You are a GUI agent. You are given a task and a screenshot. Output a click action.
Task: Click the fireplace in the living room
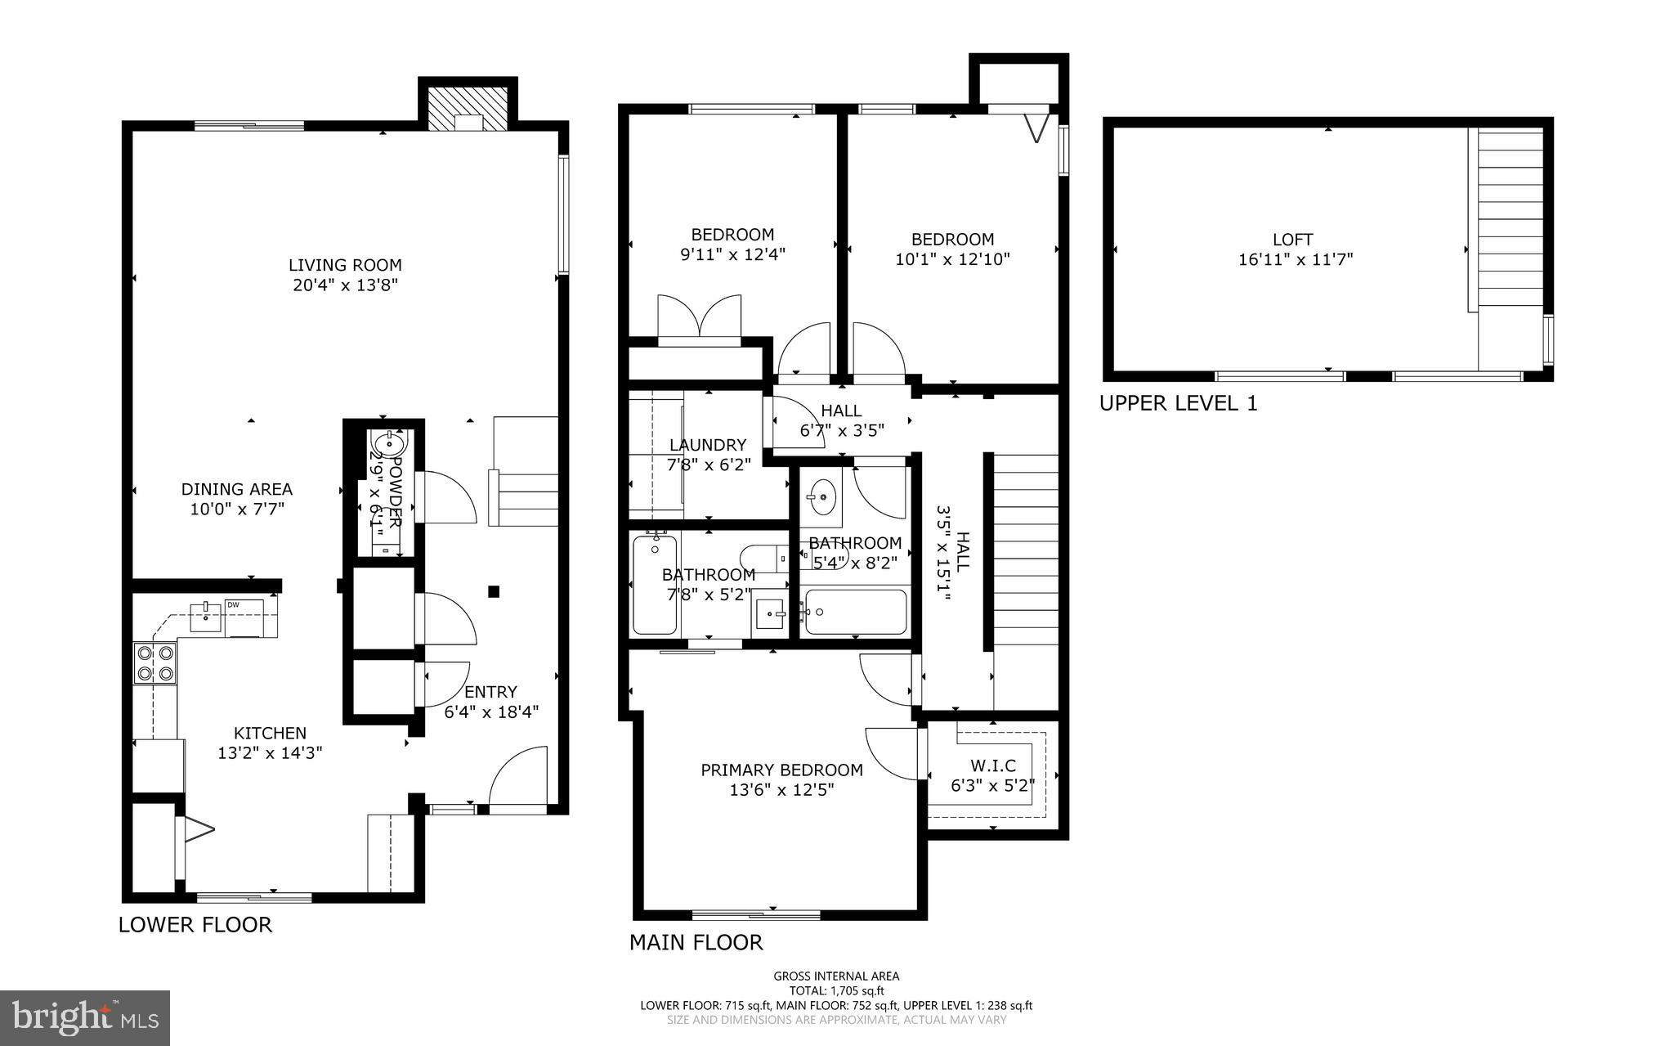pos(468,110)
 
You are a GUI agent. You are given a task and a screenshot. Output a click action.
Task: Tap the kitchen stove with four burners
pos(155,663)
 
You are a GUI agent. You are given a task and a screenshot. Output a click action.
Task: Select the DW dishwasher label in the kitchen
pos(233,605)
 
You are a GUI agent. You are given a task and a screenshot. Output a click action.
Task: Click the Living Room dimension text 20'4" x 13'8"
pos(345,285)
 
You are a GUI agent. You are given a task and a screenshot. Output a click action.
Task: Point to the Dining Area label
pos(236,489)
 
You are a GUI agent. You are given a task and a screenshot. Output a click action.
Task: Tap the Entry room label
pos(490,692)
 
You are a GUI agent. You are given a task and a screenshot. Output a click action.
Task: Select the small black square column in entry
pos(494,591)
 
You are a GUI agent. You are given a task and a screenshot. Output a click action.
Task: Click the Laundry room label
pos(707,445)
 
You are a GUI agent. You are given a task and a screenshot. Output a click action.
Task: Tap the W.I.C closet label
pos(993,765)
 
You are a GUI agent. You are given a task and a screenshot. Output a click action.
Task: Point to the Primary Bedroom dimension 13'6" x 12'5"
pos(781,790)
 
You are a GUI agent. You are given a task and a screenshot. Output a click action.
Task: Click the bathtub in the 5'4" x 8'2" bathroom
pos(855,613)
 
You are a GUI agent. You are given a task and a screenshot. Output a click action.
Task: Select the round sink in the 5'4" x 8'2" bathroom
pos(821,496)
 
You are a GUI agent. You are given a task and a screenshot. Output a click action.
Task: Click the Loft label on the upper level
pos(1292,240)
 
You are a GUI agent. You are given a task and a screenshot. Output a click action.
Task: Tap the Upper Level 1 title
pos(1178,403)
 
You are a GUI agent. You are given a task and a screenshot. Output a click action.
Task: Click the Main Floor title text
pos(696,943)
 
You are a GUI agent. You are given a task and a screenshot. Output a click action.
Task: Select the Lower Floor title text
pos(195,925)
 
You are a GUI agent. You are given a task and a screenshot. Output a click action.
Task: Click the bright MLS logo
pos(85,1018)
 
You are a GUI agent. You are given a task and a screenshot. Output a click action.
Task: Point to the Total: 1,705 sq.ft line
pos(836,990)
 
